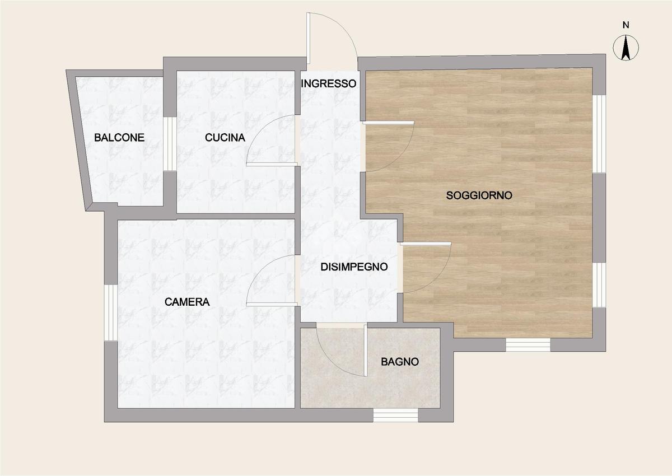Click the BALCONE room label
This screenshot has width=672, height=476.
(119, 138)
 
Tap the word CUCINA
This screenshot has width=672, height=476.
(225, 138)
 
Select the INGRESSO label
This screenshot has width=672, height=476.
(329, 83)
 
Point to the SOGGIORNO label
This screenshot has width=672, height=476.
(479, 195)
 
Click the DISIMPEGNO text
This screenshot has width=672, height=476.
(354, 267)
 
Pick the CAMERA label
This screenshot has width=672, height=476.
(187, 302)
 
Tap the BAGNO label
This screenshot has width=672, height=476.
(400, 362)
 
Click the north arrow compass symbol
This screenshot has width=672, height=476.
(626, 48)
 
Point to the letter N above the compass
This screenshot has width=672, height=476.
(626, 25)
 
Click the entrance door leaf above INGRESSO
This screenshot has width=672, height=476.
(308, 39)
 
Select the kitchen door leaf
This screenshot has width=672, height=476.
(272, 165)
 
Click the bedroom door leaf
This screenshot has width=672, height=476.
(272, 305)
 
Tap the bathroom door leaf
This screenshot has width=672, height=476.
(366, 350)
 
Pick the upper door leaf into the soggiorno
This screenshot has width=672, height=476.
(388, 123)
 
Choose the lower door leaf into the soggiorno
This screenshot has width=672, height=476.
(426, 244)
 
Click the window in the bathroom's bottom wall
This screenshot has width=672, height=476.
(395, 415)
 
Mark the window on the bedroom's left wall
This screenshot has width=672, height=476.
(111, 312)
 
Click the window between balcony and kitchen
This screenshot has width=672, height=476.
(170, 144)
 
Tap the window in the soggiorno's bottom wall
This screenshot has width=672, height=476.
(528, 344)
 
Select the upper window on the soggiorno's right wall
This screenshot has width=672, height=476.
(599, 134)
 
